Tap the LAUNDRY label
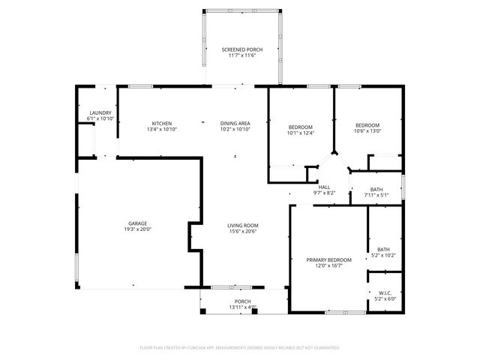[x=100, y=113]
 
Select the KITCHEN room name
[x=163, y=123]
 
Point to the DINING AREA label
[x=235, y=123]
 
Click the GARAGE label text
[x=136, y=223]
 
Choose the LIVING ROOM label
[x=243, y=225]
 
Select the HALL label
[x=324, y=187]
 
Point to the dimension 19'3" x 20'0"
[x=136, y=229]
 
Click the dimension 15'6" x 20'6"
[x=243, y=231]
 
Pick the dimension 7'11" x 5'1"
[x=376, y=195]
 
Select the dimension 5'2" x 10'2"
[x=383, y=256]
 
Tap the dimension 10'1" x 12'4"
[x=301, y=133]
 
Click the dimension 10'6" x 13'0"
[x=367, y=131]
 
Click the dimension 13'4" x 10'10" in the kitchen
[x=163, y=129]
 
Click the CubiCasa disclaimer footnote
[x=240, y=347]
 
